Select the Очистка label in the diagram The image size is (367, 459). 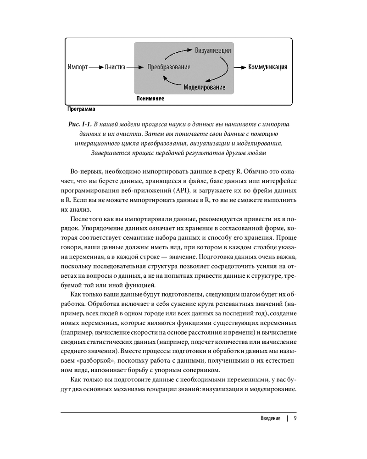point(115,67)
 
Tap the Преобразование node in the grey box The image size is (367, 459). point(169,67)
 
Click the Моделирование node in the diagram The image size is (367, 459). point(204,87)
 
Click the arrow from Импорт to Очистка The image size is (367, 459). point(96,67)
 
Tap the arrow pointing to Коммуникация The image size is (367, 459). point(239,67)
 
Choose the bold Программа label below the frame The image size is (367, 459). point(81,109)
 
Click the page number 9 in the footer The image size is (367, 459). point(295,418)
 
